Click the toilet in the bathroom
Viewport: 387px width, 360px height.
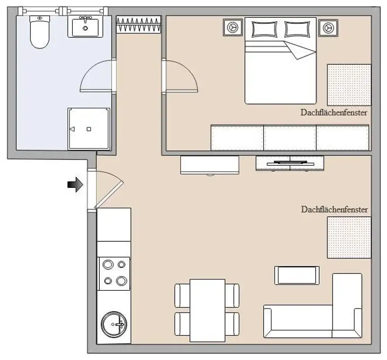[39, 32]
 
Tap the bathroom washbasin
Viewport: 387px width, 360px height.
[85, 26]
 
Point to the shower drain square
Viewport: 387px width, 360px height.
[89, 129]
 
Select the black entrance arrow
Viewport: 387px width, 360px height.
[75, 184]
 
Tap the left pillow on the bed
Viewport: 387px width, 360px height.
[263, 29]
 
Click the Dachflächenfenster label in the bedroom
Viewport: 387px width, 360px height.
[334, 113]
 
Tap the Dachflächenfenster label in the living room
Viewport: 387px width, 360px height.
[334, 209]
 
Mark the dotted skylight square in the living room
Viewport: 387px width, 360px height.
[348, 237]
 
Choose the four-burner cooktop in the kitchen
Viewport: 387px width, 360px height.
[114, 272]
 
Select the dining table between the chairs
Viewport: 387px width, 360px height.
[207, 310]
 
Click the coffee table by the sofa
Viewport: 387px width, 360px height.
[297, 275]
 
